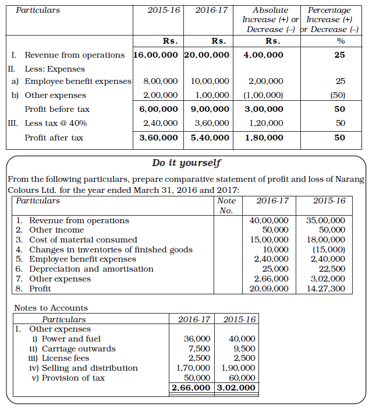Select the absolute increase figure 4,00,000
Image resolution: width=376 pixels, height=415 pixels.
point(264,55)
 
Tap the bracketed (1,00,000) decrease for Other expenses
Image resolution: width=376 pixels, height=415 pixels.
point(264,95)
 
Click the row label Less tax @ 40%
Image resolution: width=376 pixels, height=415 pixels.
point(56,123)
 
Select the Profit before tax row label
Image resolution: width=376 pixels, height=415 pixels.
point(57,109)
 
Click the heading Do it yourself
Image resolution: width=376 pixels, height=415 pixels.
point(186,163)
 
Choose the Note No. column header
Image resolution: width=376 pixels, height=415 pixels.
point(226,205)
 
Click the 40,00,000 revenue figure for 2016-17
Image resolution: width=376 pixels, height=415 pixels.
point(268,220)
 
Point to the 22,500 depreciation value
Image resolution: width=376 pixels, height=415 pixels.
point(332,269)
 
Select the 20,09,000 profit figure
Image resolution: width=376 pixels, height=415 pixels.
point(268,289)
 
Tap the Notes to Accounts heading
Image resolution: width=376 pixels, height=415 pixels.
point(51,308)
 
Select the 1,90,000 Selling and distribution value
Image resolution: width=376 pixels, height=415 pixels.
point(238,368)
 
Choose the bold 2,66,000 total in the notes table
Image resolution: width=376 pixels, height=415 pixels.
point(191,388)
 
